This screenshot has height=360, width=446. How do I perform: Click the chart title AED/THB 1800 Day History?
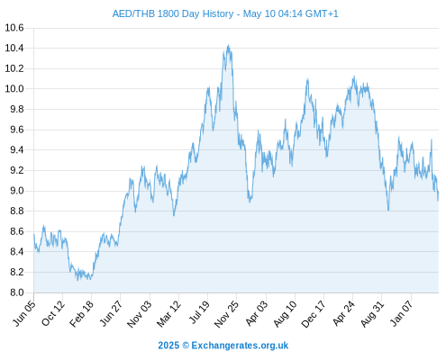pos(173,13)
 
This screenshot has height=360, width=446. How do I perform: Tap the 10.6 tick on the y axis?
pos(14,28)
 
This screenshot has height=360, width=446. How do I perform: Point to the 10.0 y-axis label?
pos(14,89)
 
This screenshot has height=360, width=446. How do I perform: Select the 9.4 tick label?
pos(17,149)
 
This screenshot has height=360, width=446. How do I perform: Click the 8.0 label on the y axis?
pos(17,292)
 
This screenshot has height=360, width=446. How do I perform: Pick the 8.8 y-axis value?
pos(17,211)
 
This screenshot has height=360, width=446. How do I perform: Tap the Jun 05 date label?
pos(24,313)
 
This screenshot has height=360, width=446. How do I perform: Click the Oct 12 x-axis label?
pos(53,313)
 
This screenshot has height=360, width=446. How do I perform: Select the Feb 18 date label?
pos(81,313)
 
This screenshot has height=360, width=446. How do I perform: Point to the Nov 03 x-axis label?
pos(140,313)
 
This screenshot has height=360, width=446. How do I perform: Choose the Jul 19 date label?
pos(198,312)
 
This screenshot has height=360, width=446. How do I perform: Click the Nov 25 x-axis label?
pos(226,313)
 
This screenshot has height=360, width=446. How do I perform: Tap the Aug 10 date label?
pos(285,313)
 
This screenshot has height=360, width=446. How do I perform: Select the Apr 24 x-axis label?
pos(343,313)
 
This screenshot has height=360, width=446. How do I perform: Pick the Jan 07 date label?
pos(402,313)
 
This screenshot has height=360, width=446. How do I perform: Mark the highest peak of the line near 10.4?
pos(229,46)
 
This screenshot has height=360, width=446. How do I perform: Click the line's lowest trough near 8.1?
pos(77,280)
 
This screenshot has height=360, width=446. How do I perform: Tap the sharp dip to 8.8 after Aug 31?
pos(388,210)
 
